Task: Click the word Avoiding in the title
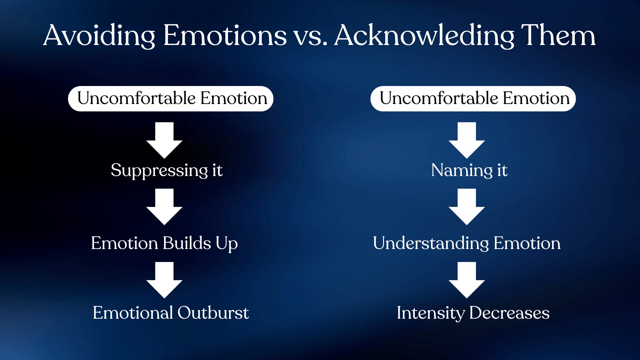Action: pos(99,36)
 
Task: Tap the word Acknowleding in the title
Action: pos(424,36)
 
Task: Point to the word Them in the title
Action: pos(558,35)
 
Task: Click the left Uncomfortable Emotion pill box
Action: pos(171,99)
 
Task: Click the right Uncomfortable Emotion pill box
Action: pos(473,99)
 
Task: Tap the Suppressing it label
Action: pos(167,171)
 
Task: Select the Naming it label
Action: pos(469,171)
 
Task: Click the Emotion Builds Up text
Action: pos(164,243)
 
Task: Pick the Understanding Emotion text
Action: pos(467,243)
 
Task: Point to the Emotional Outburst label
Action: pos(171,313)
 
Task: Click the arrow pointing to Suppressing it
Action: pos(164,140)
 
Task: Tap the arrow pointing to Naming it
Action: pos(467,140)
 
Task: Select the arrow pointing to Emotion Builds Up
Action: pos(164,207)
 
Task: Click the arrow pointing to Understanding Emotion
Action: pos(467,207)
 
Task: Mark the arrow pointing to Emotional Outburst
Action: pos(164,280)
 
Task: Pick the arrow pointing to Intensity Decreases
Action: pos(467,280)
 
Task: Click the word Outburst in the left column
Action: pos(213,313)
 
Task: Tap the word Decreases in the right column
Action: pos(509,313)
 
